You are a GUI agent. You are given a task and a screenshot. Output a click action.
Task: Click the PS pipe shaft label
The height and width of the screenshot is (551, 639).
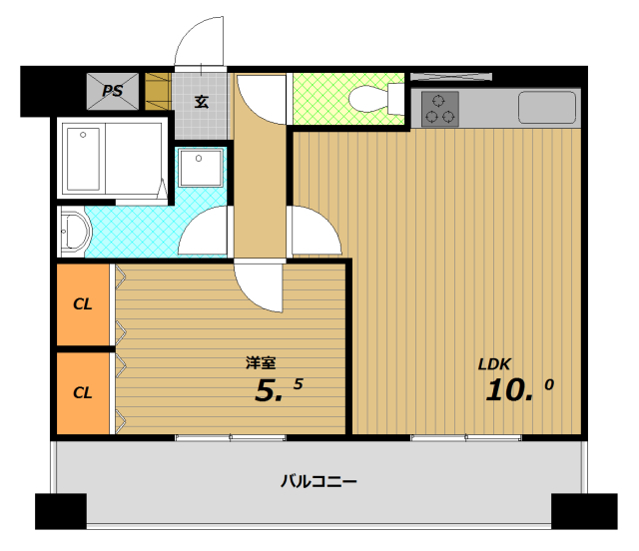112,91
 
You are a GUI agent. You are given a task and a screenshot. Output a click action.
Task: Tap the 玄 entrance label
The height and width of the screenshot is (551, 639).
202,101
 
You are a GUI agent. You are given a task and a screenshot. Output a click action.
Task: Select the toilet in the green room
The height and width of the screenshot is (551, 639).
376,99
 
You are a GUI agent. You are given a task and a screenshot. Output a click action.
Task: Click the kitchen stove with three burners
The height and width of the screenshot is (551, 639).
439,109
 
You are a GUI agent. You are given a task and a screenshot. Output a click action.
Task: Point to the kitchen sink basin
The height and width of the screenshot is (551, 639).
547,107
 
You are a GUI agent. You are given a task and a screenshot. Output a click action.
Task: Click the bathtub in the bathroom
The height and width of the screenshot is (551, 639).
84,159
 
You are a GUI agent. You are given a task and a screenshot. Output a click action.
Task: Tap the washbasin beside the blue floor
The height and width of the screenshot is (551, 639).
74,232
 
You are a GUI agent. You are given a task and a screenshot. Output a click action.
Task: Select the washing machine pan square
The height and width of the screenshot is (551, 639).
201,168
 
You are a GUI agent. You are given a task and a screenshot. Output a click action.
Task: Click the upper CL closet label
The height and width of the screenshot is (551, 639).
82,304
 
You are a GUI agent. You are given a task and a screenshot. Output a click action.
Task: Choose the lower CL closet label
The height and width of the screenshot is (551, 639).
82,392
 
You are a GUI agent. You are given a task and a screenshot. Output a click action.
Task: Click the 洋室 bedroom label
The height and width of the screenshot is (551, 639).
261,362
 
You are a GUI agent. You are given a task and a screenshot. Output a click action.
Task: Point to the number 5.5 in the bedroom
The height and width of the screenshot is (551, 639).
279,389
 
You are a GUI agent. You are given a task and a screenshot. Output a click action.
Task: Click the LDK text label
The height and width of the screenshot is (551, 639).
494,364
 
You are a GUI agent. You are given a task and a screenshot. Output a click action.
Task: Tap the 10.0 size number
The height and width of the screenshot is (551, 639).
519,389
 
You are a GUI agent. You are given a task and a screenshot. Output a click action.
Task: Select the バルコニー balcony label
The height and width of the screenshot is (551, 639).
319,481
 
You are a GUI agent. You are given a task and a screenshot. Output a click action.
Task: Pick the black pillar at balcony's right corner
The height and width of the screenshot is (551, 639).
584,511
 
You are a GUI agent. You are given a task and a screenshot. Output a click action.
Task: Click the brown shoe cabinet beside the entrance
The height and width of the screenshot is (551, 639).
158,91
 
